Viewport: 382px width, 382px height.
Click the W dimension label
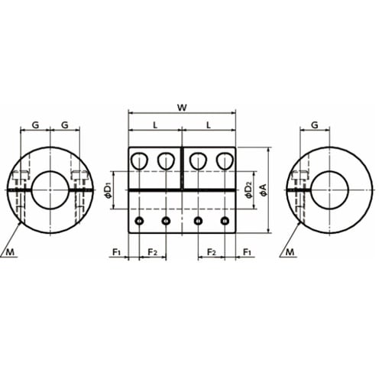[182, 108]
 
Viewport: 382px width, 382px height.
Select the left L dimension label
[155, 125]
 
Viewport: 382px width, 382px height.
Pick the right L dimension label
[209, 125]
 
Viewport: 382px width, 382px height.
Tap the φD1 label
[108, 190]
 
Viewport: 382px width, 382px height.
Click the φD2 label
[248, 190]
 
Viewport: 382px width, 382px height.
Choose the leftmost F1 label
[117, 252]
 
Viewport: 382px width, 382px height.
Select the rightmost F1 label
[247, 252]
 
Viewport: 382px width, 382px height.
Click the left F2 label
[153, 252]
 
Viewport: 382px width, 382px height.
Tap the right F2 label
[212, 252]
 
